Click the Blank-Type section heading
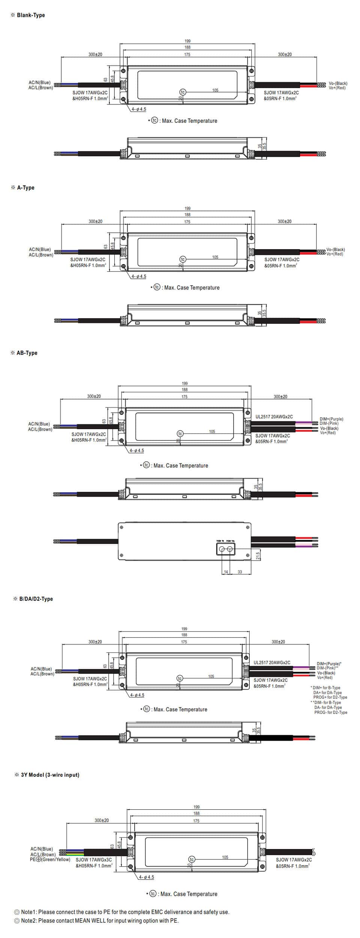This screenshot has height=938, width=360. (x=30, y=15)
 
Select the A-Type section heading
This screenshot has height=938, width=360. (x=25, y=188)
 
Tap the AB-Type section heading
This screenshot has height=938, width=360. (x=27, y=353)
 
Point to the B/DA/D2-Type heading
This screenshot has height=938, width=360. (x=36, y=599)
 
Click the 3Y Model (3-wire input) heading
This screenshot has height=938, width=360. (x=50, y=775)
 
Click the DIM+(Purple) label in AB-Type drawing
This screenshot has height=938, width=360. (x=331, y=419)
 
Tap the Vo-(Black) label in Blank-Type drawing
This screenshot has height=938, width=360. (x=338, y=83)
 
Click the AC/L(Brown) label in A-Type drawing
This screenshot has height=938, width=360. (x=41, y=255)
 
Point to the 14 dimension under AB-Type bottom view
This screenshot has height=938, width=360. (x=226, y=572)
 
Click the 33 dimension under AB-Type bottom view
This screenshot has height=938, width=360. (x=240, y=572)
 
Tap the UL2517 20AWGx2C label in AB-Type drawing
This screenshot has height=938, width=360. (x=274, y=416)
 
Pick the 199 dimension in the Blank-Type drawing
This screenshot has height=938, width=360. (x=187, y=41)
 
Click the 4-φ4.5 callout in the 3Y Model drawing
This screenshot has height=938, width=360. (x=146, y=877)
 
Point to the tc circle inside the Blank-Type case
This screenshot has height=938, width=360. (x=183, y=92)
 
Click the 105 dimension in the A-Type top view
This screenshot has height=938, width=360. (x=215, y=257)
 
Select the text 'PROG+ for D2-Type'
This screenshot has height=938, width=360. (x=330, y=697)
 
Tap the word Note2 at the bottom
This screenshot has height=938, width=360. (x=28, y=920)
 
